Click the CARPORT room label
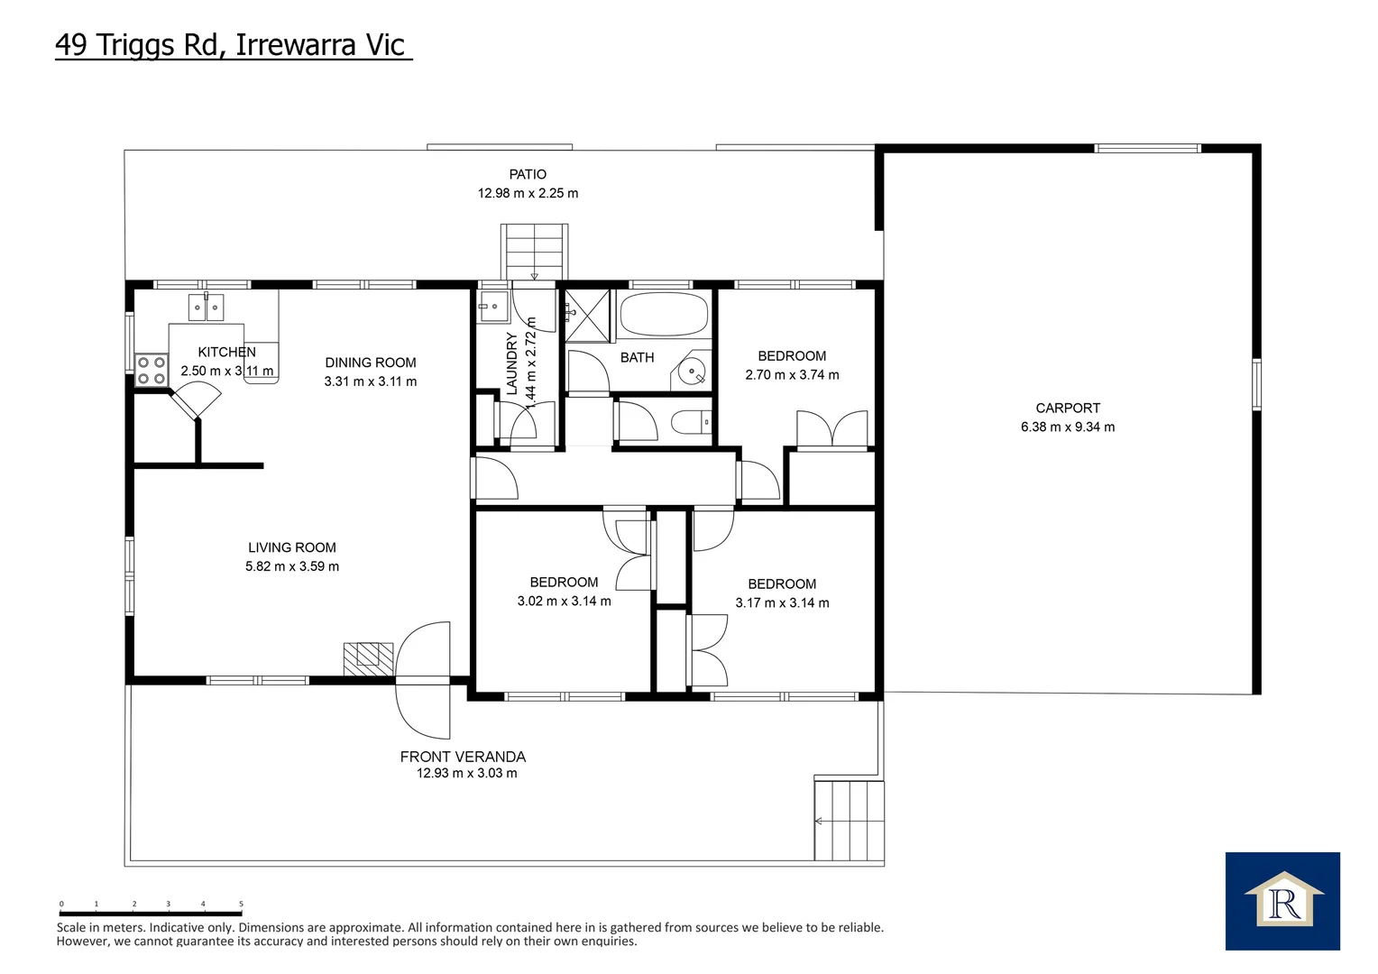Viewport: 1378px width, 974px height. click(1068, 408)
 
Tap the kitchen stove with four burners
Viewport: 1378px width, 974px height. click(152, 371)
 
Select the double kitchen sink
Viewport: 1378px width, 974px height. click(206, 307)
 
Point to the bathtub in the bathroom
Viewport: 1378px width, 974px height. click(664, 314)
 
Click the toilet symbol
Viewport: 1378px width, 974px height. click(691, 423)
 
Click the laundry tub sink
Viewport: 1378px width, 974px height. click(493, 306)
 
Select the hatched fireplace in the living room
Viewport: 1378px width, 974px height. click(368, 659)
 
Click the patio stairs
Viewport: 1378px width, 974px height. click(534, 253)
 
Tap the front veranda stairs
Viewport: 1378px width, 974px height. click(849, 821)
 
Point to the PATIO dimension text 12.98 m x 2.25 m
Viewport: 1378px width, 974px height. click(528, 193)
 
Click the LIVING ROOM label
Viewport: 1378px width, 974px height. click(292, 547)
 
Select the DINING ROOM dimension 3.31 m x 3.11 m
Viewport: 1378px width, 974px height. click(371, 381)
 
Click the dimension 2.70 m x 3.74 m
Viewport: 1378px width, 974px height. click(792, 374)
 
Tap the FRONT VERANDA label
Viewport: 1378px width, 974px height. click(463, 757)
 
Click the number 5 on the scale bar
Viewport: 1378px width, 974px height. click(241, 904)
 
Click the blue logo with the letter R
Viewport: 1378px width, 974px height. click(1282, 901)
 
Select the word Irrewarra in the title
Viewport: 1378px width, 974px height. click(296, 45)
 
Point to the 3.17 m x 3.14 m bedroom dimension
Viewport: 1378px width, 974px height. click(782, 603)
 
